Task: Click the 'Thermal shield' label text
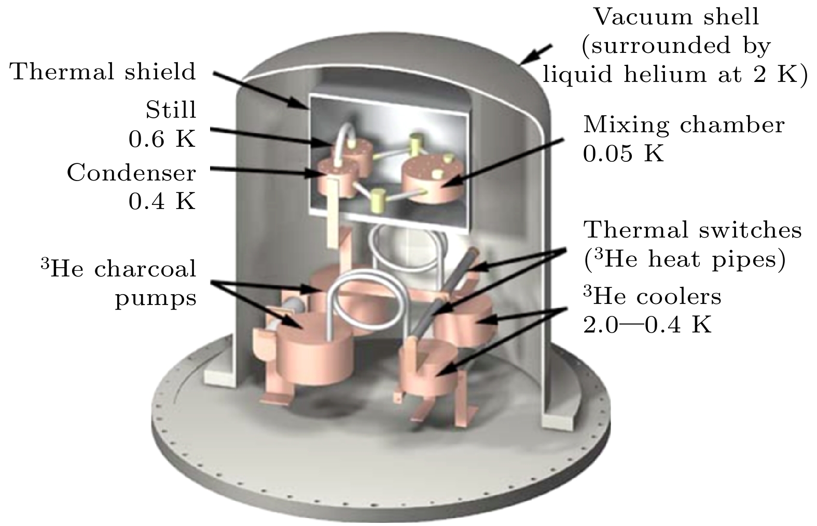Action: click(x=103, y=72)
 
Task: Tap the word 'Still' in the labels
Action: click(x=171, y=110)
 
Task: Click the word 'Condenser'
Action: click(x=131, y=173)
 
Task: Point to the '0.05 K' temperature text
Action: click(x=624, y=154)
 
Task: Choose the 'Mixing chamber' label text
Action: click(x=684, y=125)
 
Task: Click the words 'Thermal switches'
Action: click(x=693, y=230)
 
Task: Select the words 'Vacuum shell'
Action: click(x=676, y=17)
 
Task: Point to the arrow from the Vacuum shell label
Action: click(x=536, y=54)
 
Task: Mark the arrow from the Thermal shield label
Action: click(x=261, y=91)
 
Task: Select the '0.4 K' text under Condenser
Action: click(x=162, y=201)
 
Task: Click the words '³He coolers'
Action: click(x=652, y=296)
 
